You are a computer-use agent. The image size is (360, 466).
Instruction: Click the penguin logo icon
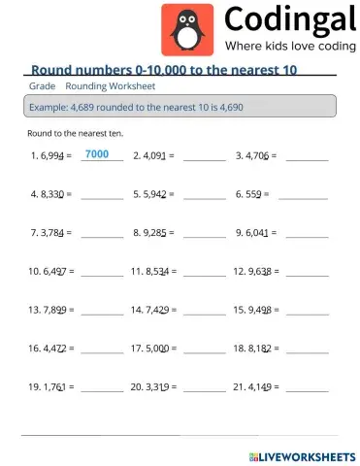click(184, 30)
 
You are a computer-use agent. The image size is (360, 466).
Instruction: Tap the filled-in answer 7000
click(97, 154)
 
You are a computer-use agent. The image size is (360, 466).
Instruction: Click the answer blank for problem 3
click(308, 157)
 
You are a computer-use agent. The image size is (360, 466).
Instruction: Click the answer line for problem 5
click(205, 196)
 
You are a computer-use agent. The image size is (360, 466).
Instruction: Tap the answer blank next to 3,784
click(102, 235)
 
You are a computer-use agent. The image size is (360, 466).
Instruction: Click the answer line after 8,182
click(308, 350)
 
